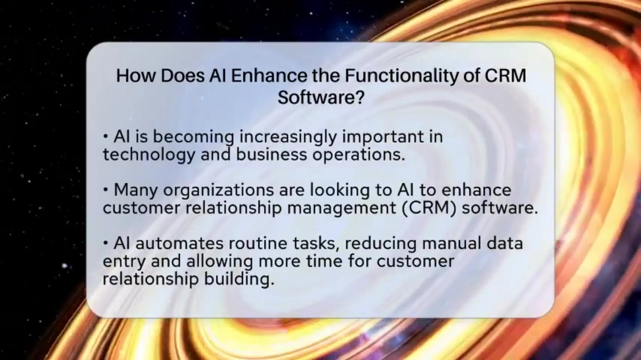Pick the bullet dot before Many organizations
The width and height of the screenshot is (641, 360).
tap(106, 191)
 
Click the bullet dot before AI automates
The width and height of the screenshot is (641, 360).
tap(106, 244)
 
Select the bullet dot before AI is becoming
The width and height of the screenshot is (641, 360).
tap(106, 138)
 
